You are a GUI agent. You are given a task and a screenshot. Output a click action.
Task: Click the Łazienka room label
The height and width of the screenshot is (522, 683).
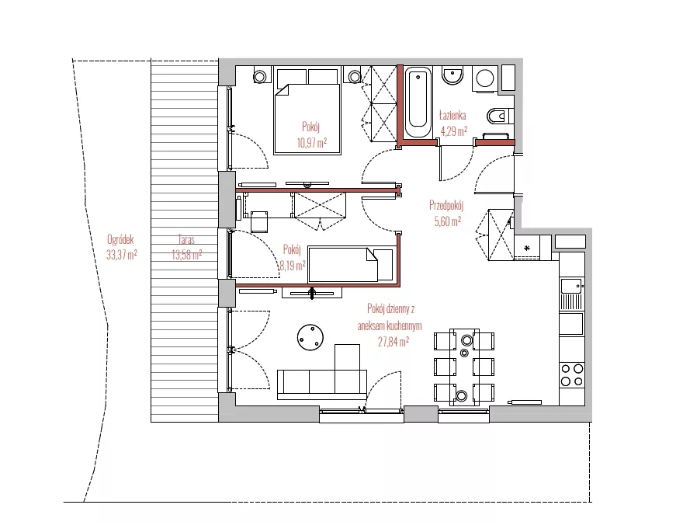[452, 116]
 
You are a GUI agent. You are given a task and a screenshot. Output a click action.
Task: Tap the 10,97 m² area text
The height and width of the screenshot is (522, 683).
[312, 143]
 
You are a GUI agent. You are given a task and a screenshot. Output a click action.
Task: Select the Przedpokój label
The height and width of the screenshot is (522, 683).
[446, 205]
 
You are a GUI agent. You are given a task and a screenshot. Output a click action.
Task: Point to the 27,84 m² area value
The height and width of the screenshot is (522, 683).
[393, 342]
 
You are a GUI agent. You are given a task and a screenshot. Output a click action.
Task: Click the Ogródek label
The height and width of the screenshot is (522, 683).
[120, 239]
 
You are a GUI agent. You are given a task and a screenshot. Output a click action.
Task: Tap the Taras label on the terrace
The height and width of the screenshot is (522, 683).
[186, 239]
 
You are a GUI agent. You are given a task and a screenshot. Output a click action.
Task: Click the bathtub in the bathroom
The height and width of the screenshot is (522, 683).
[418, 102]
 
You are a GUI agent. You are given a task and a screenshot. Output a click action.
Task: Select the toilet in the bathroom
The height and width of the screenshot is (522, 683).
[500, 116]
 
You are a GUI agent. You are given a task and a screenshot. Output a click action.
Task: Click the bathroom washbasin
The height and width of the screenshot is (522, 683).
[452, 76]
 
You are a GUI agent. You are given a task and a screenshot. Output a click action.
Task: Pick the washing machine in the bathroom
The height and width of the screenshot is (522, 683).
[485, 79]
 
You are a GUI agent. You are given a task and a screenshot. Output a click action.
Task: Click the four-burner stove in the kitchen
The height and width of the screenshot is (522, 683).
[572, 375]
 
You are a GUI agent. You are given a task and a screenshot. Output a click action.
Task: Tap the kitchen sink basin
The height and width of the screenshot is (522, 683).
[572, 287]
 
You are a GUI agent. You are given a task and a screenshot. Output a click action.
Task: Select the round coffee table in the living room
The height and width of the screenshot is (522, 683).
[310, 337]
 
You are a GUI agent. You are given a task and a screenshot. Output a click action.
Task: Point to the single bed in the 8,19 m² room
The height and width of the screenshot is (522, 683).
[342, 264]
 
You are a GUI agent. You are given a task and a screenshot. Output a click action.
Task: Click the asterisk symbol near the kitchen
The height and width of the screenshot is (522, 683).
[527, 248]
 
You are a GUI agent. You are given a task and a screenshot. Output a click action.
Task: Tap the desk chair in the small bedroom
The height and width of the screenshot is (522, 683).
[259, 221]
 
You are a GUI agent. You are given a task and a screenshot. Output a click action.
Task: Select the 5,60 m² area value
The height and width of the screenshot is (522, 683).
[447, 221]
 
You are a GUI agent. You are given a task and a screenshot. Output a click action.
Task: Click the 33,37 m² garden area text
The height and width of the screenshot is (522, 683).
[122, 255]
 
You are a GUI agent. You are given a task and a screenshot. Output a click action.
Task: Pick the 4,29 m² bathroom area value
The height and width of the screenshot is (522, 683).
[454, 130]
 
